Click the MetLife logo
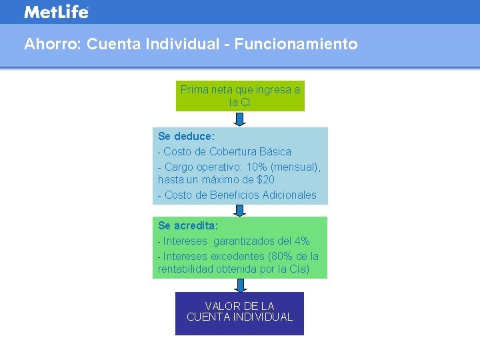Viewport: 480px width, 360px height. (56, 12)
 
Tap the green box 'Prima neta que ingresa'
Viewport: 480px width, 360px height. (240, 96)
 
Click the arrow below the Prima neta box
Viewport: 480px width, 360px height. (240, 119)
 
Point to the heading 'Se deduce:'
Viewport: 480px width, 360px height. (186, 137)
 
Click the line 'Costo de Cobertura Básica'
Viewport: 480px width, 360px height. (227, 151)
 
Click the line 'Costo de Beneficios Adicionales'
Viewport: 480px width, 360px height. (240, 195)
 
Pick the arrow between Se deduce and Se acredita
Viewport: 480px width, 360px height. (240, 210)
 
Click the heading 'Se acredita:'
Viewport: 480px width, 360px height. (188, 226)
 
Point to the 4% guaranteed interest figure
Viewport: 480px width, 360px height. (301, 241)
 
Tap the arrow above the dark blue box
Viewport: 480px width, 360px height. (240, 285)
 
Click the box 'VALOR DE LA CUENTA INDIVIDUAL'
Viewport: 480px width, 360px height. (239, 312)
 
